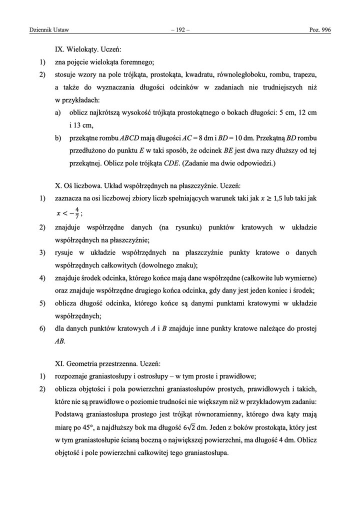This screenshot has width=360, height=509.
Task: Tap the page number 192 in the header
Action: click(179, 31)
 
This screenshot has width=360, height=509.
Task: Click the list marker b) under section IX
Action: click(58, 137)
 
